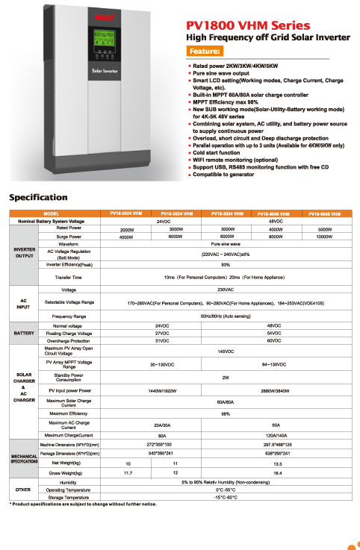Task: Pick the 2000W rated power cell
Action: click(127, 230)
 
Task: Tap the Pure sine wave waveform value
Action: click(225, 243)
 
